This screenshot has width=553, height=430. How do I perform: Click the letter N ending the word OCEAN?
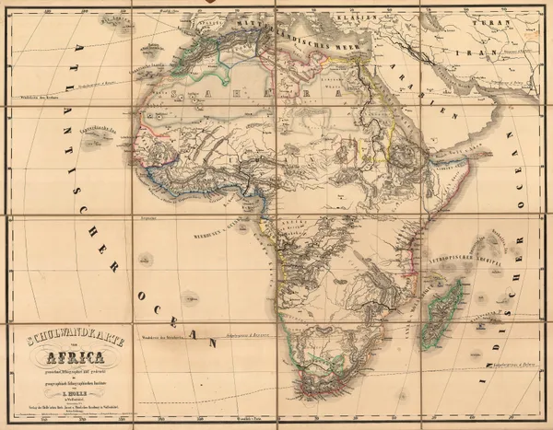click(210, 343)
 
